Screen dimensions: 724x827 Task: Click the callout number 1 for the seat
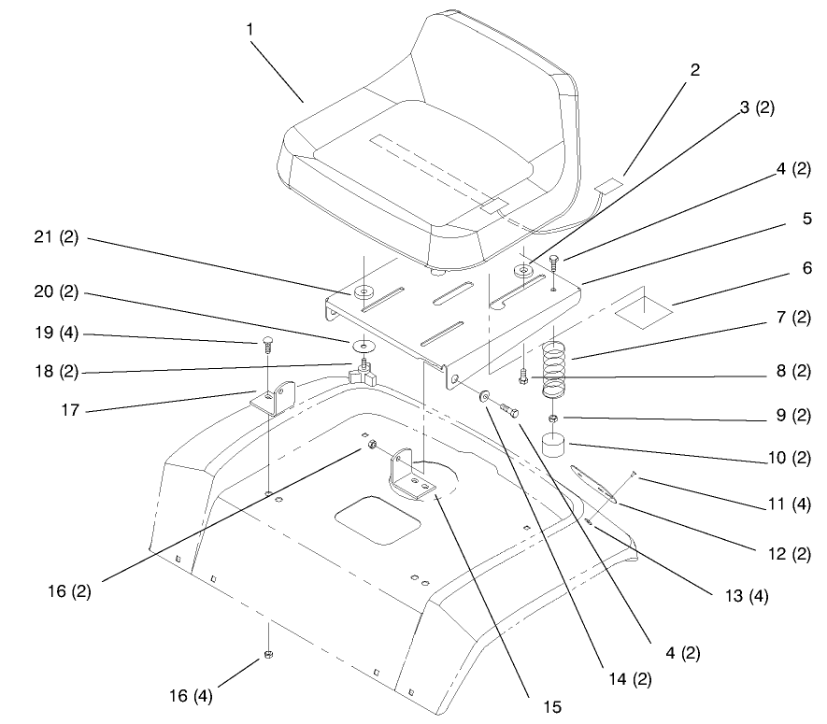[250, 29]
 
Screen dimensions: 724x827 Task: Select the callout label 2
[694, 70]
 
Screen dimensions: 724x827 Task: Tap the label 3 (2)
[757, 107]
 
